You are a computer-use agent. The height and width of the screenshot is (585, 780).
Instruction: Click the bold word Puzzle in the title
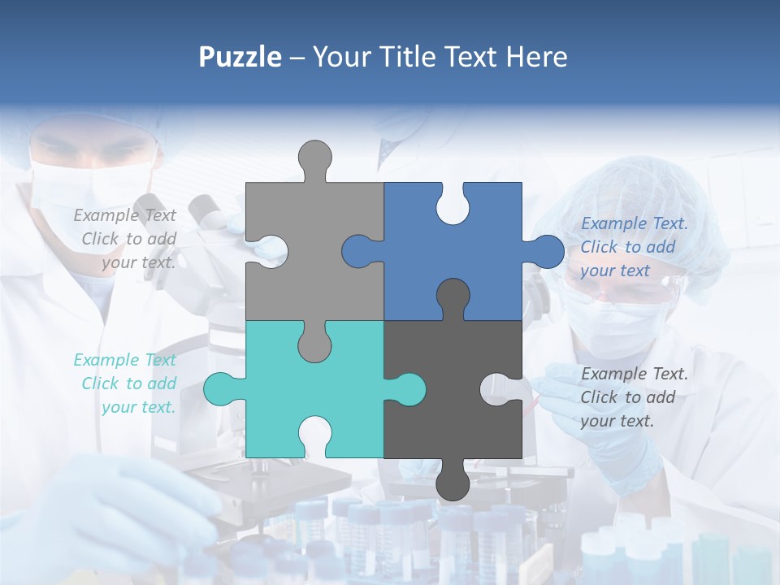240,57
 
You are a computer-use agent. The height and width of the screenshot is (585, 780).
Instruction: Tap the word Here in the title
536,57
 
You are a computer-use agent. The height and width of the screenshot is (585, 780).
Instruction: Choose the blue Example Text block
634,247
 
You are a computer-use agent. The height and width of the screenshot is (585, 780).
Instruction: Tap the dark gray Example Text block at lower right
634,397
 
